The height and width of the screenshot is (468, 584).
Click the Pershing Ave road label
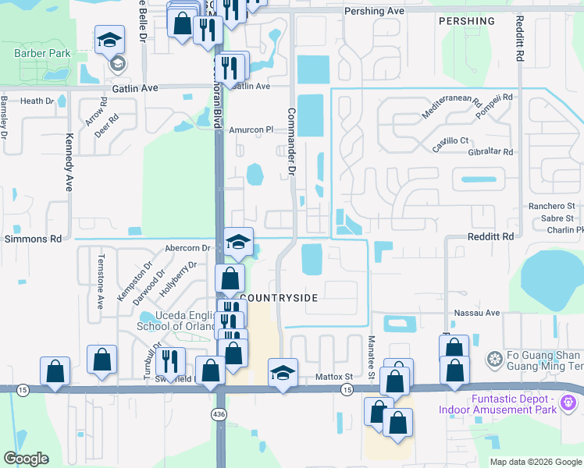click(x=375, y=12)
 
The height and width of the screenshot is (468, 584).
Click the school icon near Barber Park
click(x=110, y=40)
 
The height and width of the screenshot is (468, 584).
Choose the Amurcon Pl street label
click(x=252, y=130)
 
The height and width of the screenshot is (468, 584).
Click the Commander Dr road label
click(x=292, y=140)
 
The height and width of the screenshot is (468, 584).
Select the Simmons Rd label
click(x=33, y=237)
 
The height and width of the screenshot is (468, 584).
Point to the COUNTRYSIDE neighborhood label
click(x=279, y=298)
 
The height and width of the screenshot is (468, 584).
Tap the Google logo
click(x=26, y=459)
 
